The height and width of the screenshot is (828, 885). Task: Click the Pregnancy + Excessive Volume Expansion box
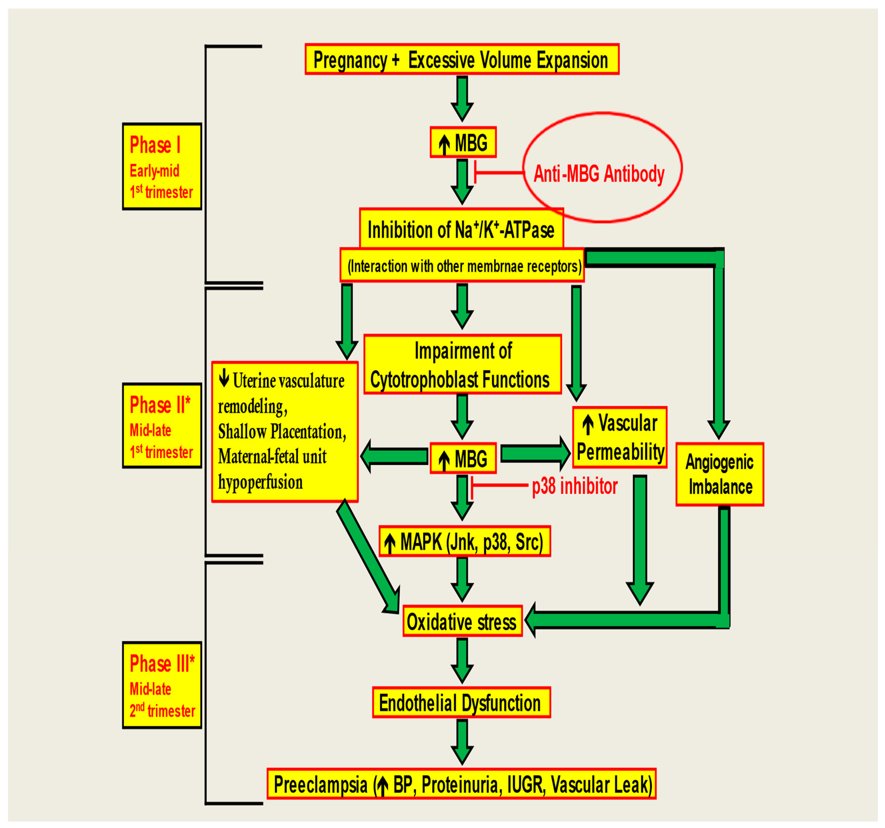click(x=462, y=59)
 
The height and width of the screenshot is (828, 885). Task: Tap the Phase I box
click(x=162, y=167)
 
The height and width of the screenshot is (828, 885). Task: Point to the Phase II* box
click(x=162, y=426)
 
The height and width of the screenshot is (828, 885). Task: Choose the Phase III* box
click(x=162, y=685)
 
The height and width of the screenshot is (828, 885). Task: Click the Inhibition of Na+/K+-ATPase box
click(x=461, y=229)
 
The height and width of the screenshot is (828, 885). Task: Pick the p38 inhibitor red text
click(x=574, y=486)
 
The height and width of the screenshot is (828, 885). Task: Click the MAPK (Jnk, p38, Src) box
click(x=464, y=541)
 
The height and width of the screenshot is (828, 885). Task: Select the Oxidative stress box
click(x=462, y=621)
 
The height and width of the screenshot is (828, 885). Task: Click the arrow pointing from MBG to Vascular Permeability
click(x=534, y=453)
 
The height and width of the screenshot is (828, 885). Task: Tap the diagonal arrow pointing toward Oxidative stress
click(x=367, y=557)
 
